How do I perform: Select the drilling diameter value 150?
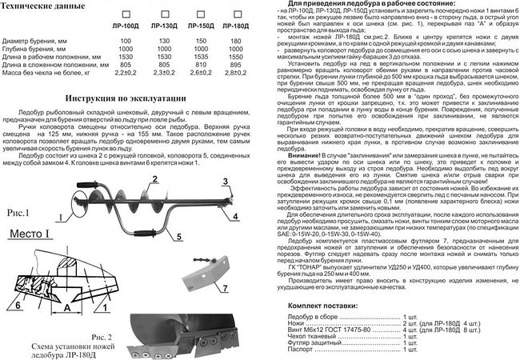coord(192,38)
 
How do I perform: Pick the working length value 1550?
coord(229,58)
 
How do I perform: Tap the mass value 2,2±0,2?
coord(118,74)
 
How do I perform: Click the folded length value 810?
coord(192,66)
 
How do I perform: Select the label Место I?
coord(33,233)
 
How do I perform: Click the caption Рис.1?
coord(15,213)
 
